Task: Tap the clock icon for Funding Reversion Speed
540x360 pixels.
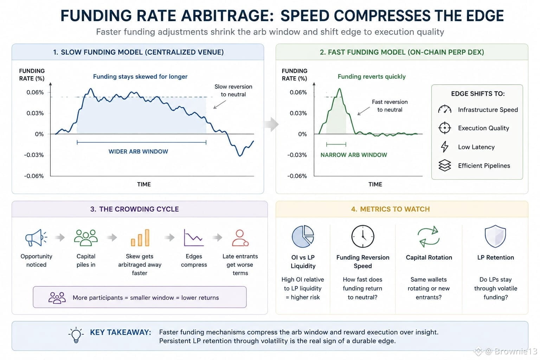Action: point(362,237)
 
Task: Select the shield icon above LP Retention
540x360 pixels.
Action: point(495,236)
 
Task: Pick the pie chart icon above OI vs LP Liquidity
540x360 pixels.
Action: point(303,236)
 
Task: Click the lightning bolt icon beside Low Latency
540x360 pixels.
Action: point(444,147)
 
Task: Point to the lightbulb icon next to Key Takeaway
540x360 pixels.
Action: point(76,335)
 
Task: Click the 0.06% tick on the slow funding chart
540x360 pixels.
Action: point(35,92)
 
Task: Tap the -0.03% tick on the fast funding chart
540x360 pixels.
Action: point(297,155)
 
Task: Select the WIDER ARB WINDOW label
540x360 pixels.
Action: point(138,152)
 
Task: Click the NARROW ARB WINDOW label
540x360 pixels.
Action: point(354,155)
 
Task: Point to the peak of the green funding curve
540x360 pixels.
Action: point(339,89)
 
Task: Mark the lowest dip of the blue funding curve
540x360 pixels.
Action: point(240,156)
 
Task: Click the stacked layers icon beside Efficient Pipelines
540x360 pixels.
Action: point(444,166)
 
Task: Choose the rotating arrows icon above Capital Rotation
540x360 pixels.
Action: point(429,237)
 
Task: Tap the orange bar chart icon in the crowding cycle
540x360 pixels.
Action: point(140,238)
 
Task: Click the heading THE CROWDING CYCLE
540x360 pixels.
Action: point(139,209)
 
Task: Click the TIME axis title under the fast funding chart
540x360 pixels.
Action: point(375,184)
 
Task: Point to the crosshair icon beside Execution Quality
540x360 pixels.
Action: point(444,128)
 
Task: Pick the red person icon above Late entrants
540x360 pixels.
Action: point(240,238)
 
